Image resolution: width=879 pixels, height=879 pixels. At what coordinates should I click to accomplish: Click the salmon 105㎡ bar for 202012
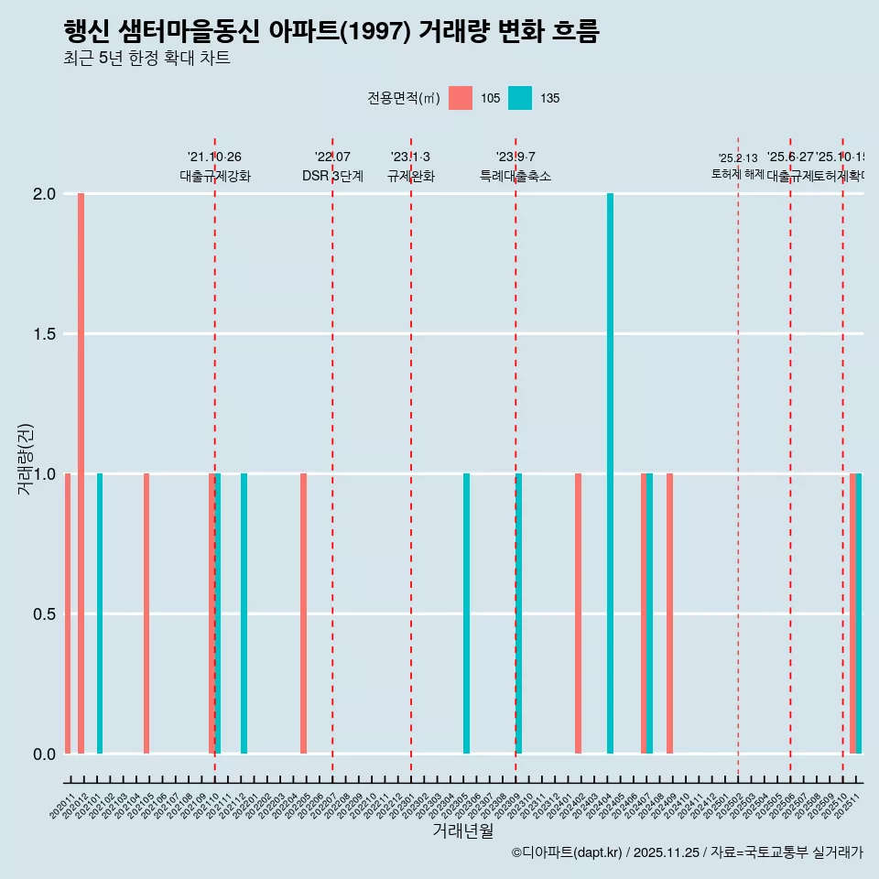click(81, 473)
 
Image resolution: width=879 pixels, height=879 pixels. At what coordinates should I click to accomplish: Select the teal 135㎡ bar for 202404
click(610, 473)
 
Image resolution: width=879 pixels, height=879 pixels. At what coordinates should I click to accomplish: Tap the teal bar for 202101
click(100, 613)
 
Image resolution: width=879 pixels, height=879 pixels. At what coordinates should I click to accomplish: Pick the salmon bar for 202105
click(146, 613)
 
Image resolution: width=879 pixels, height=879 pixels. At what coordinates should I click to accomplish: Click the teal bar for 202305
click(466, 613)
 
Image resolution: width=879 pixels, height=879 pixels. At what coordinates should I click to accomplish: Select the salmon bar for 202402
click(578, 613)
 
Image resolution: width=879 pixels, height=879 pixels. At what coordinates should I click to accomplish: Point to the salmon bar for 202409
click(669, 613)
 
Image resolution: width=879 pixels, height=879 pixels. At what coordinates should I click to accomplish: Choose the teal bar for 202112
click(244, 613)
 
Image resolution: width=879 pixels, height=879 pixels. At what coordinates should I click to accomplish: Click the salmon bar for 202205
click(303, 613)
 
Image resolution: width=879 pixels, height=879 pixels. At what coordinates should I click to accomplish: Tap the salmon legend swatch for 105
click(461, 98)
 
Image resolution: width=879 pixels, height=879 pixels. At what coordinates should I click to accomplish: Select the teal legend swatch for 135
click(520, 98)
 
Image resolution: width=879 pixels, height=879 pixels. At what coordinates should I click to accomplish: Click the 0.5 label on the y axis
click(44, 613)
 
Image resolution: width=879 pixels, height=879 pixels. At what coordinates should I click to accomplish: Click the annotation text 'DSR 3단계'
click(332, 176)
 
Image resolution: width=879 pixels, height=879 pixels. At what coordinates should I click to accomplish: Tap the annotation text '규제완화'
click(410, 176)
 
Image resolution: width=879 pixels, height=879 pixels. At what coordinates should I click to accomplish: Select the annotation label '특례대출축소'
click(515, 176)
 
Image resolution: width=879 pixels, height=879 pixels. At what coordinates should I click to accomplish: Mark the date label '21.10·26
click(214, 157)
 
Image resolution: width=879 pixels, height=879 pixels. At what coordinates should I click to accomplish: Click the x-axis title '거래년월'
click(462, 830)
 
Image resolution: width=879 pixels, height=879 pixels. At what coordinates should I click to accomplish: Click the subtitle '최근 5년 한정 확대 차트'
click(146, 59)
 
